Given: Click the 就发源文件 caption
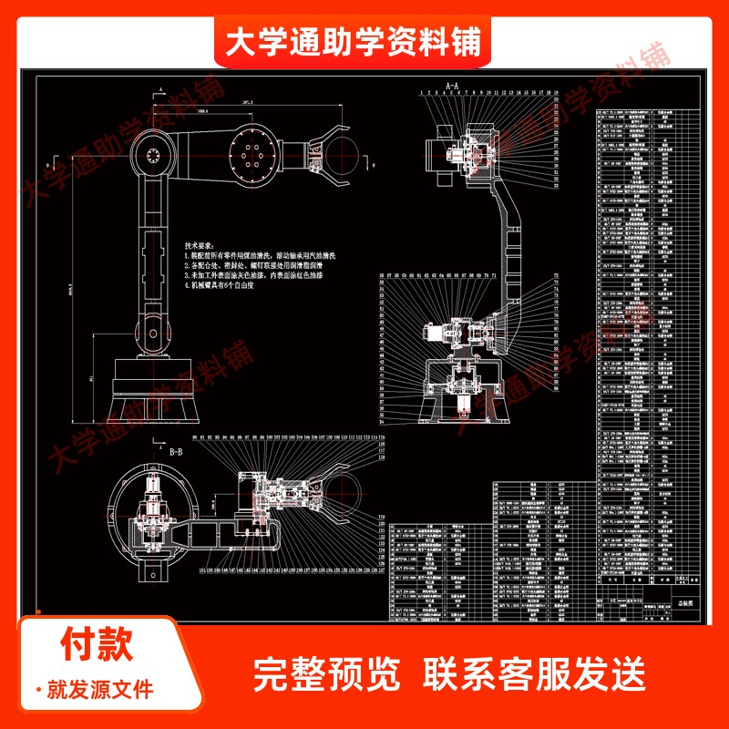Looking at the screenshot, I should click(x=100, y=688).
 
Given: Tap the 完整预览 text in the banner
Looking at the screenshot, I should click(x=326, y=674).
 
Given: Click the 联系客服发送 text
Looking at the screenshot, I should click(x=535, y=674).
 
